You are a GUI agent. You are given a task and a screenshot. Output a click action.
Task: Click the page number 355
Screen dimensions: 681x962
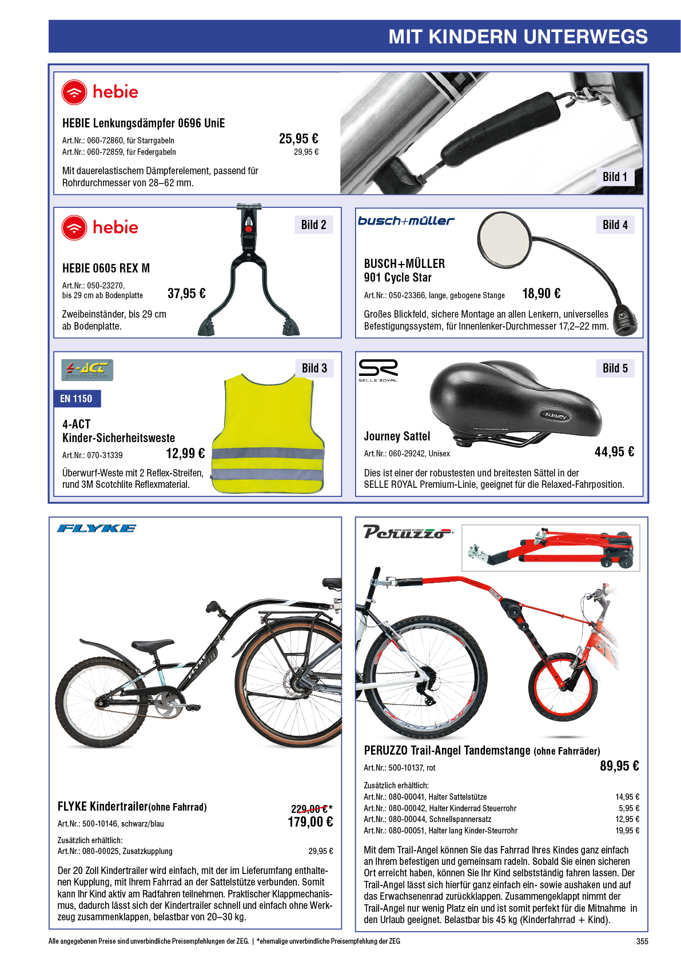pos(642,941)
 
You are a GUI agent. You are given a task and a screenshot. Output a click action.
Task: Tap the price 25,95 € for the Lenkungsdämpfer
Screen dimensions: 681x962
pos(298,139)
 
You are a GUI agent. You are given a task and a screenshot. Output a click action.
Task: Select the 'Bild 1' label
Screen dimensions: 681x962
pos(614,177)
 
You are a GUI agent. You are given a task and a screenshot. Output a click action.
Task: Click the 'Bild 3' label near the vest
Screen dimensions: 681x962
pos(314,368)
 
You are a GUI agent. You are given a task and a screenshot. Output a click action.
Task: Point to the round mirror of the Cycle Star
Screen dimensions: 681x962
pos(505,238)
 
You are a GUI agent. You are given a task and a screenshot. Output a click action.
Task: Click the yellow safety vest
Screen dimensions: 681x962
pos(268,434)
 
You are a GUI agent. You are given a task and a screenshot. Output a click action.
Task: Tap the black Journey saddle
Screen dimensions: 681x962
pos(513,402)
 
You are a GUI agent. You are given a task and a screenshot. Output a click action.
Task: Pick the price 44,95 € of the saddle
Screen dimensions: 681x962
pos(614,452)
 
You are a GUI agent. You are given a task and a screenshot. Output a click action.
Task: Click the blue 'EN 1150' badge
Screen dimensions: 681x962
pos(77,399)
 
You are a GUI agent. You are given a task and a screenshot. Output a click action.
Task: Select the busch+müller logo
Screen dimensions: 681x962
pos(406,221)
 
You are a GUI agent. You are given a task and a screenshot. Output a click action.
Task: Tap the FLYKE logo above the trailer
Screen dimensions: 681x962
pos(97,528)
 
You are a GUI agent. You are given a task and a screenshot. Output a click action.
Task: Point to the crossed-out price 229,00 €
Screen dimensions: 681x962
pos(311,809)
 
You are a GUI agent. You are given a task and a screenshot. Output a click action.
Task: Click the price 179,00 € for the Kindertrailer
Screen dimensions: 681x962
pos(310,822)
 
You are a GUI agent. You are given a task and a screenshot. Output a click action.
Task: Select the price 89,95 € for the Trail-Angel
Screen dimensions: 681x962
pos(619,765)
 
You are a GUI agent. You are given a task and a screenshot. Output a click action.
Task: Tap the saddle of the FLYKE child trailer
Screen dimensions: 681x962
pos(153,645)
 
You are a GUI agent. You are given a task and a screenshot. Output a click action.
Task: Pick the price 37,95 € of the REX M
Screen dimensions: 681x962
pos(186,293)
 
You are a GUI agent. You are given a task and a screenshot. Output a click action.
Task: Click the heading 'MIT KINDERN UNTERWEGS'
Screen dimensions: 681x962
pos(517,37)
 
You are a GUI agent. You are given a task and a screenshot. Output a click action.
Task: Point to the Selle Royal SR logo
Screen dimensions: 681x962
pos(379,370)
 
